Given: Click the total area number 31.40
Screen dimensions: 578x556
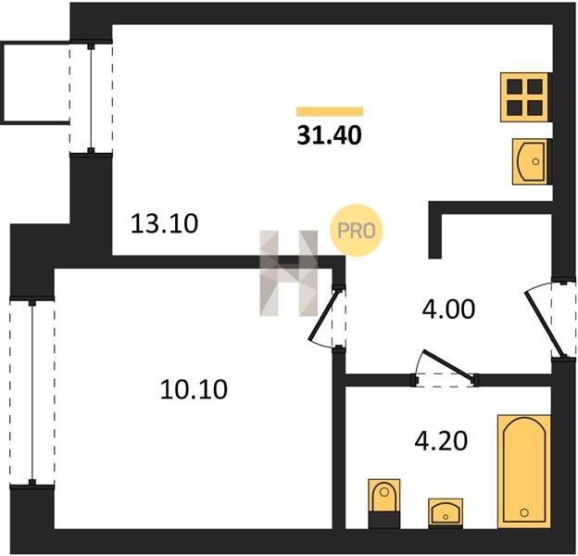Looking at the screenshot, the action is [329, 135].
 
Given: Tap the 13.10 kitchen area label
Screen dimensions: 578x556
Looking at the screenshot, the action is [164, 224].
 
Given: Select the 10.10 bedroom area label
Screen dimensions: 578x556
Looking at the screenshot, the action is [194, 390].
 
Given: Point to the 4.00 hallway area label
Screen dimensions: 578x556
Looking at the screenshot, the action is [448, 310].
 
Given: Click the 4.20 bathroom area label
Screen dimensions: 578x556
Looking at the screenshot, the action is [441, 441].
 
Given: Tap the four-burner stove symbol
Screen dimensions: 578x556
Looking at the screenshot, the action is [524, 97].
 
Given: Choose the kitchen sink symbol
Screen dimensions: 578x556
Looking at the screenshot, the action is [530, 161].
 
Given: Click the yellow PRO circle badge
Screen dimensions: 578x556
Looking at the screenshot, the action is [356, 231].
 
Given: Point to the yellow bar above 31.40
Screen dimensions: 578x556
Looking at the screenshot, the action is [330, 111].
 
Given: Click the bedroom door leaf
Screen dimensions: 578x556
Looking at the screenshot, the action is [324, 314].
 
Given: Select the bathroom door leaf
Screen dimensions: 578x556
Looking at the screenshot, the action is [448, 365].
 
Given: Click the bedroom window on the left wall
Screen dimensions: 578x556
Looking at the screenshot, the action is [32, 393].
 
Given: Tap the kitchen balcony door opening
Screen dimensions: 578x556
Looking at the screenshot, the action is [91, 98].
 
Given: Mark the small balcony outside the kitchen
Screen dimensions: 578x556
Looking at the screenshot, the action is [35, 83].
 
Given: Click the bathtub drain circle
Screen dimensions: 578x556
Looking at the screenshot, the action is [524, 512].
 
